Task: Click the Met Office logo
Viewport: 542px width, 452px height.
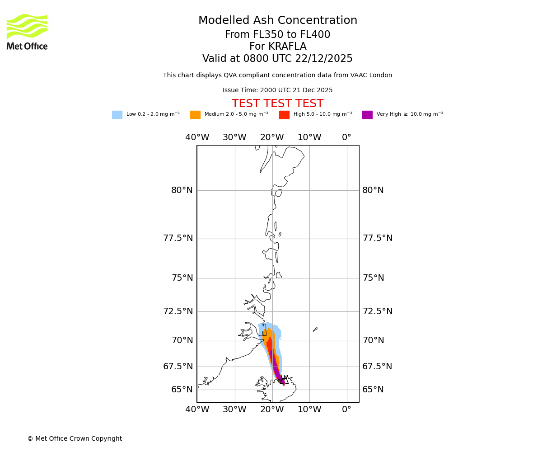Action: pos(27,32)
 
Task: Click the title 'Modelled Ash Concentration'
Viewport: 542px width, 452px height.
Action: pos(278,21)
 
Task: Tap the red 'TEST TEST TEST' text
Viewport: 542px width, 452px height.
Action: pos(277,104)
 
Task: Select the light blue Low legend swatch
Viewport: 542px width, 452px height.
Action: pos(117,115)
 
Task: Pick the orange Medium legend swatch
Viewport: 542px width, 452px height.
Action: pos(195,115)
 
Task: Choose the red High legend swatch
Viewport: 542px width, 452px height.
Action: pos(284,115)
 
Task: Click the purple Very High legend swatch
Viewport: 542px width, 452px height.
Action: pos(367,115)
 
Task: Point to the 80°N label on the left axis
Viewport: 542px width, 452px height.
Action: pos(182,190)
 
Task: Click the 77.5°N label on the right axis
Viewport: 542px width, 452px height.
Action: pos(378,238)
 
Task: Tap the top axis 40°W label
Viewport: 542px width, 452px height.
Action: pos(197,137)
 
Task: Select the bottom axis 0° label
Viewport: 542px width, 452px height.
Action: pos(346,410)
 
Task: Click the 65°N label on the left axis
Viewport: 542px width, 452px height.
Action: pos(182,390)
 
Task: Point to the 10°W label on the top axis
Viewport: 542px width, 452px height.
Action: pos(309,137)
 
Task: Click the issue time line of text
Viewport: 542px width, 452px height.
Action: pos(277,90)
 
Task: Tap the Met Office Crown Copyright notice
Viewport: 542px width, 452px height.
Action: pos(75,439)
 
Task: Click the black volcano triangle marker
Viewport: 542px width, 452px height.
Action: pos(284,380)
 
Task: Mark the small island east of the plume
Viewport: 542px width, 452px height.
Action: pos(315,330)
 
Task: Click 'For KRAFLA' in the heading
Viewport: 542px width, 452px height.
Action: pos(278,47)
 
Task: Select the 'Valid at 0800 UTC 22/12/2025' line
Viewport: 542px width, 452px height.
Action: pos(277,59)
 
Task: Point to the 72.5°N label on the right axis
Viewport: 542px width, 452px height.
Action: pos(378,311)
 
